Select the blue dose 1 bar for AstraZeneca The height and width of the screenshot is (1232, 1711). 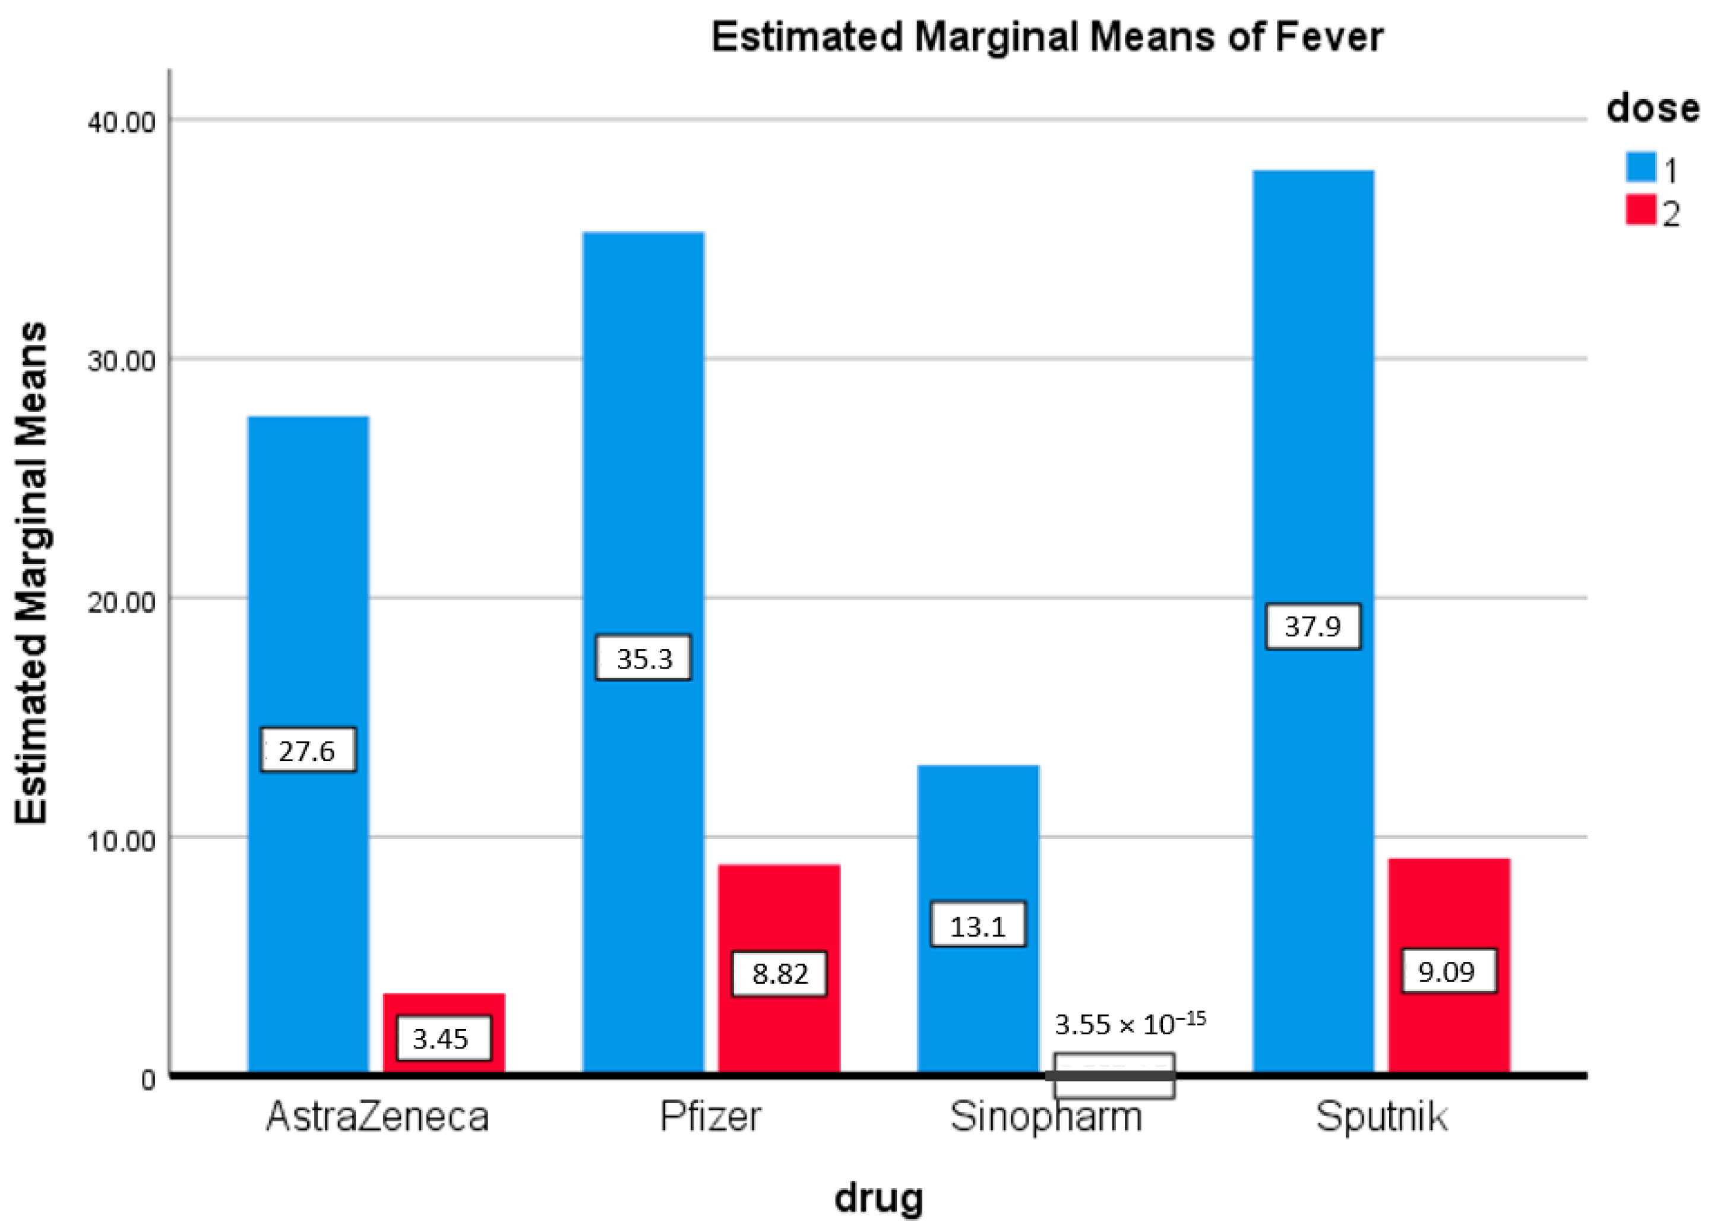coord(309,574)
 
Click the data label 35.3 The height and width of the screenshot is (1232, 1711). coord(644,658)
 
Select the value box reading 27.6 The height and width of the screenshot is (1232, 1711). coord(308,750)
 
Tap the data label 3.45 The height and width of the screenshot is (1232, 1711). coord(443,1039)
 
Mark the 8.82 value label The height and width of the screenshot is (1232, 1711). coord(779,974)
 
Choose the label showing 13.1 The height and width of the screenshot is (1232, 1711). coord(978,925)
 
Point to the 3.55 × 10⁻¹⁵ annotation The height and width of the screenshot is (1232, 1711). coord(1130,1024)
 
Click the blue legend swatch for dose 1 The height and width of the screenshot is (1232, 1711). coord(1640,167)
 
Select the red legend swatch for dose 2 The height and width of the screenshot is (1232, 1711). coord(1640,210)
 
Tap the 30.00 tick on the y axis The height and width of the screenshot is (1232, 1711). coord(122,360)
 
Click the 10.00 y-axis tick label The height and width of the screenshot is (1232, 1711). coord(122,840)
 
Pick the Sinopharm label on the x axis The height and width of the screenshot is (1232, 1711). coord(1046,1117)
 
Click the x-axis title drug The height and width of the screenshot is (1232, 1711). coord(878,1198)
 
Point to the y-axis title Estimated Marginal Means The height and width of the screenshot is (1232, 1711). coord(31,574)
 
